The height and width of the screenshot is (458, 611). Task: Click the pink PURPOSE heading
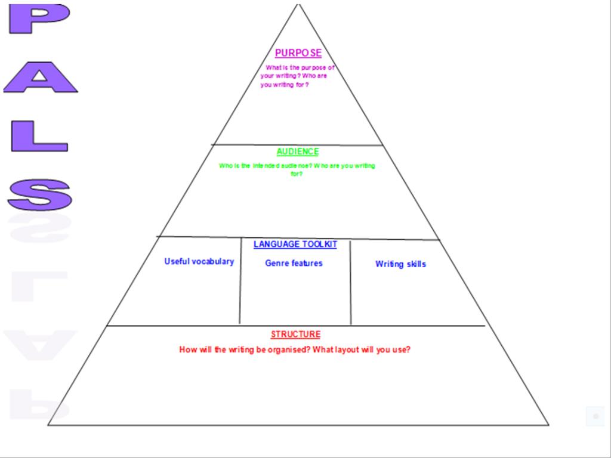298,53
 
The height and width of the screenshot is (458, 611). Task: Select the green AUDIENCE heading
298,151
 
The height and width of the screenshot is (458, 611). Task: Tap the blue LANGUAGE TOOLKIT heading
295,244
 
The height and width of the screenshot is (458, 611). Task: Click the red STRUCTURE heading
296,334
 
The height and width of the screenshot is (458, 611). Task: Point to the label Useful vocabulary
199,261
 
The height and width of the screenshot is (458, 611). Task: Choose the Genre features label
294,263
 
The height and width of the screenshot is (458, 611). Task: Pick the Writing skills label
400,264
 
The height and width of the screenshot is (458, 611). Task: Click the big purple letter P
39,18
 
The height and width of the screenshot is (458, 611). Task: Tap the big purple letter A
40,77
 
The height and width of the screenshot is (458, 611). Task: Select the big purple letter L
39,136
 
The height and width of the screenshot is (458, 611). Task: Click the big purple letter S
40,195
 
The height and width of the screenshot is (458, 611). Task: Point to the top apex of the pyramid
298,4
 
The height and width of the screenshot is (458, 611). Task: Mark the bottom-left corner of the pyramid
48,425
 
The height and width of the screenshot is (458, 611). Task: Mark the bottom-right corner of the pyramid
549,425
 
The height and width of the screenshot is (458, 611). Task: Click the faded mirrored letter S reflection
40,228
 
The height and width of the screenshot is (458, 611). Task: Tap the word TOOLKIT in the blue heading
320,244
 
